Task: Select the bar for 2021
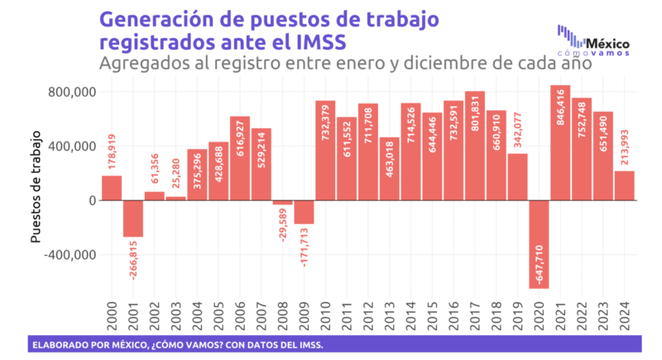coord(560,142)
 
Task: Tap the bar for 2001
coord(133,218)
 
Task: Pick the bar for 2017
coord(475,146)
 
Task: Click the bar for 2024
coord(624,185)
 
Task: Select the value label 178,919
coord(113,152)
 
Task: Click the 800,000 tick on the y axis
coord(69,92)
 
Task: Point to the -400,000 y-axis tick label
coord(66,255)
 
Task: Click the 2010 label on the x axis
coord(326,315)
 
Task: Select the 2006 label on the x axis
coord(241,315)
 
